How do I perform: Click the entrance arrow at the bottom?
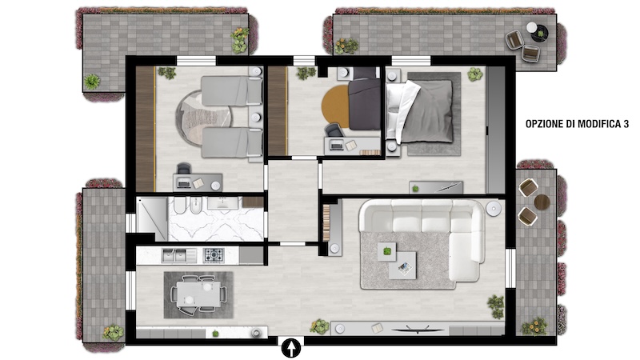[291, 349]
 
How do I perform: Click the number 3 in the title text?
[626, 124]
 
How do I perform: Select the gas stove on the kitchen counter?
[214, 255]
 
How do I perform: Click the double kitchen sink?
[179, 255]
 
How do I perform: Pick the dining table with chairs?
[198, 295]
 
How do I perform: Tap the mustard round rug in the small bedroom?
[335, 106]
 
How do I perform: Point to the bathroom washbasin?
[222, 203]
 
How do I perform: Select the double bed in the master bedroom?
[420, 111]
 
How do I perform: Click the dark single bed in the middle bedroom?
[364, 103]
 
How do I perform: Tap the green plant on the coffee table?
[386, 251]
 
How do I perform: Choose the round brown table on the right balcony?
[542, 202]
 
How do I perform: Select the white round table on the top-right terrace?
[531, 27]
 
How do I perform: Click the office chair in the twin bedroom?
[184, 169]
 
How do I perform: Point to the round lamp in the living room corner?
[494, 208]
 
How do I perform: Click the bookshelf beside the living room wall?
[326, 222]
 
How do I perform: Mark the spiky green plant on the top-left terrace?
[92, 82]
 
